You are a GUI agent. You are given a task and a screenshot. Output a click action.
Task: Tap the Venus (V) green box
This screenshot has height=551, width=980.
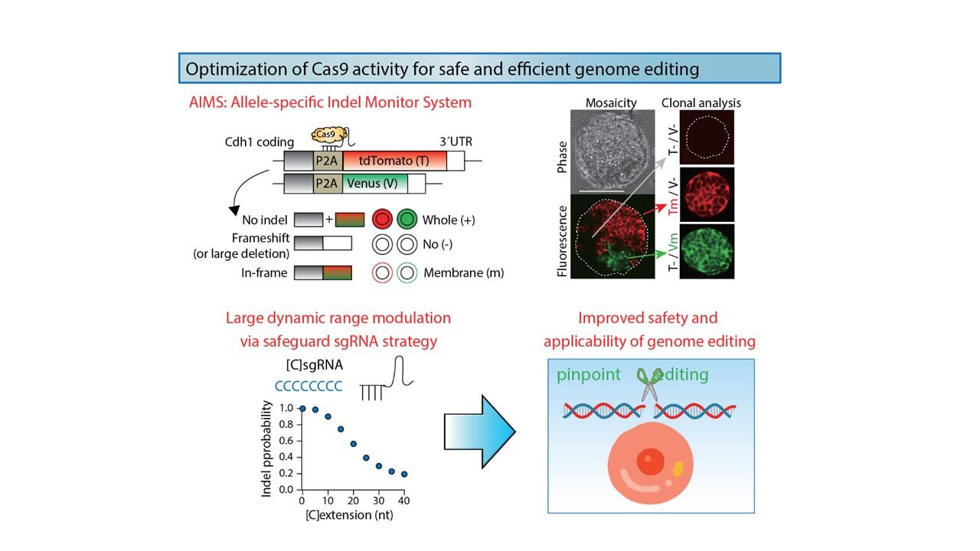[375, 184]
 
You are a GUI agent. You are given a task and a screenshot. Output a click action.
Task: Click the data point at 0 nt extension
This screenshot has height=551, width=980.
[302, 409]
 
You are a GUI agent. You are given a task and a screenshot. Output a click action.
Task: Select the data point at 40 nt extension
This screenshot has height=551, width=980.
[403, 474]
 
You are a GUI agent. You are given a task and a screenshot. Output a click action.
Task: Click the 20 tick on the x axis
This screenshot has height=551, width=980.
[353, 500]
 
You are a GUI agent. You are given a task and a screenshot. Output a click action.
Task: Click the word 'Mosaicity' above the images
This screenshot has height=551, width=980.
[611, 103]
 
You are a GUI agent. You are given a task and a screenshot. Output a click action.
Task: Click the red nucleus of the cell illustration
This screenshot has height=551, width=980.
[651, 461]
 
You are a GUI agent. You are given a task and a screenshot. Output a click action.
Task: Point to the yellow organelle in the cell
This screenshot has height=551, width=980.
[678, 468]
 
